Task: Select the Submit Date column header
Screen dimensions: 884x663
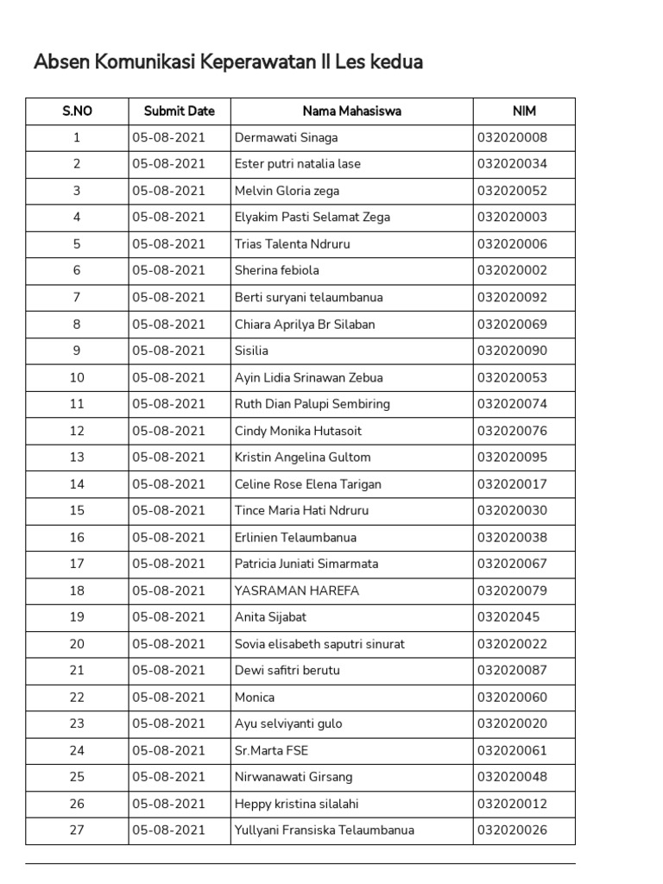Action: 180,111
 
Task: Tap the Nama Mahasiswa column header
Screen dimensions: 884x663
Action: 351,111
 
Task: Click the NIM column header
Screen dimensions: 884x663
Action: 524,111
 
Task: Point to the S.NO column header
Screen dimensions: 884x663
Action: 77,111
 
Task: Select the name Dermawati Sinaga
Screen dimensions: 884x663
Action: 286,137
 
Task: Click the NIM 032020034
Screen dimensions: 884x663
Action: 512,164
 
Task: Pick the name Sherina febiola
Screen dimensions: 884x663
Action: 276,270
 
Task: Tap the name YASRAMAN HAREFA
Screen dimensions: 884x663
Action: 296,590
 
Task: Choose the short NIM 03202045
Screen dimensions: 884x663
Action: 508,617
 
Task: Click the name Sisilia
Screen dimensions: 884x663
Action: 251,350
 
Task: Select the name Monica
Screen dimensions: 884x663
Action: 254,698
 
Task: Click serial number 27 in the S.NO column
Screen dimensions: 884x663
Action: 77,830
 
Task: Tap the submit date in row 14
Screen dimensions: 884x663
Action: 168,484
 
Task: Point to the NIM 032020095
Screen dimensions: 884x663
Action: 512,458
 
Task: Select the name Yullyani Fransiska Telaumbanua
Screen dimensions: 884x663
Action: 324,830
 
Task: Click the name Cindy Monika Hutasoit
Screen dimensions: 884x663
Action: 298,431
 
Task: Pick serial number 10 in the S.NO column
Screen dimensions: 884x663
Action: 77,377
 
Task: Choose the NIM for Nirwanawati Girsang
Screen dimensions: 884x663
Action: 512,777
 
